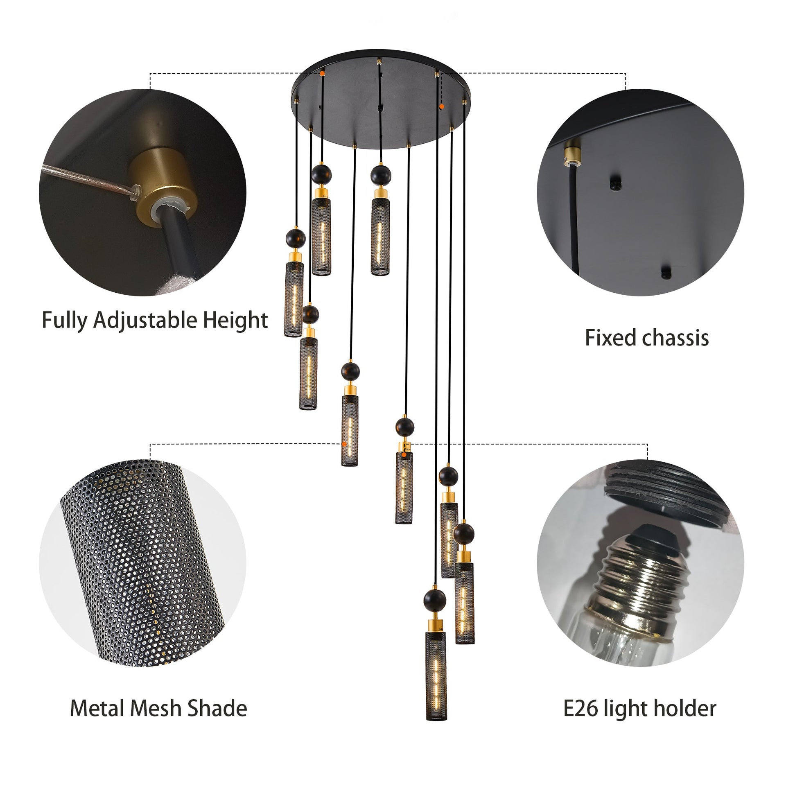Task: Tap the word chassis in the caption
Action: tap(675, 338)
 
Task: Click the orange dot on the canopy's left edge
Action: tap(323, 74)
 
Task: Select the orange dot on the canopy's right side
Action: tap(441, 106)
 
